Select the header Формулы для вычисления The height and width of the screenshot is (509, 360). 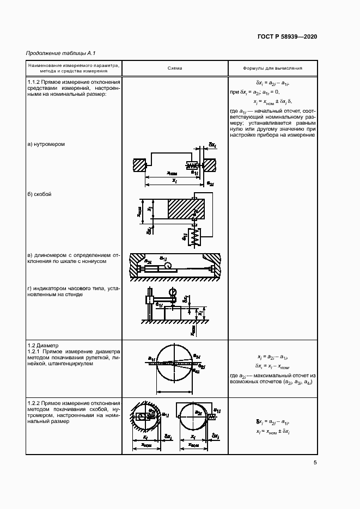click(x=272, y=68)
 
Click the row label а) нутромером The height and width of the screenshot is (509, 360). click(x=46, y=144)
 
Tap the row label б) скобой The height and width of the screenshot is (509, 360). click(x=40, y=194)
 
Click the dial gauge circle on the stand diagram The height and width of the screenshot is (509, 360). click(x=173, y=292)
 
